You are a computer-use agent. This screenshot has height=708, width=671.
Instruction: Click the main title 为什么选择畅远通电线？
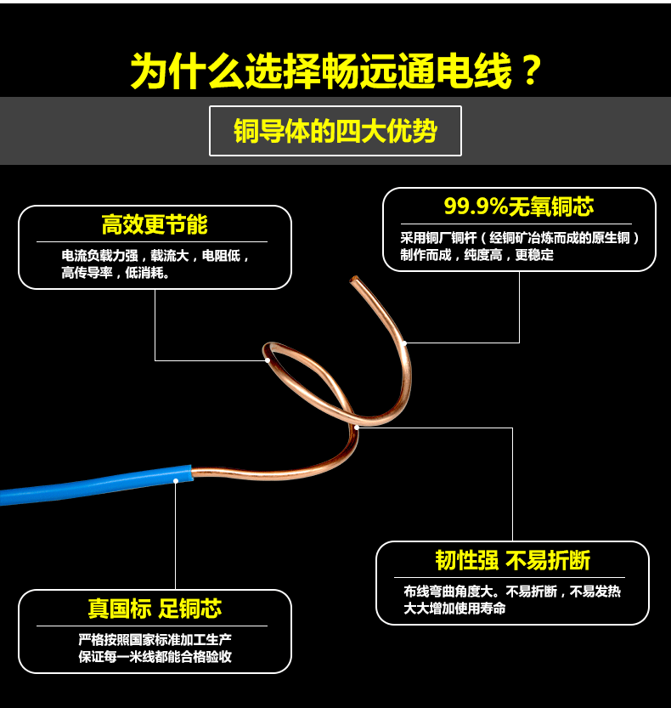pos(335,71)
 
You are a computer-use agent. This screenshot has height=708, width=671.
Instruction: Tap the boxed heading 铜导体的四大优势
pos(335,131)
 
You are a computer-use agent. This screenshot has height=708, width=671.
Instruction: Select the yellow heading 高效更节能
pos(155,225)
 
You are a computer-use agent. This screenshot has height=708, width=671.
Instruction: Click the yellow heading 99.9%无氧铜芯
pos(519,207)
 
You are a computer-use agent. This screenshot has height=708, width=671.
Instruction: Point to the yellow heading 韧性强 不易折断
pos(512,561)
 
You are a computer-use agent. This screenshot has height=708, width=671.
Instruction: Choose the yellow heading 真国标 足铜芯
pos(155,609)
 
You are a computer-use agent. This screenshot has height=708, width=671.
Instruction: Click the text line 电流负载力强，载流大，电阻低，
pos(155,255)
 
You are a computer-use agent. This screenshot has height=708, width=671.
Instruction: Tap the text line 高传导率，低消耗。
pos(116,274)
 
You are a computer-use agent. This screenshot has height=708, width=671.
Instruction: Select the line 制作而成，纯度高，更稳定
pos(477,255)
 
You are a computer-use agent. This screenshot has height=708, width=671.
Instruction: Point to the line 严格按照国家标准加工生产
pos(155,639)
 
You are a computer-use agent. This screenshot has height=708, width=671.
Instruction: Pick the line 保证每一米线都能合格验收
pos(155,657)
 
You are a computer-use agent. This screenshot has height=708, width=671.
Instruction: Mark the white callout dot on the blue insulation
pos(176,481)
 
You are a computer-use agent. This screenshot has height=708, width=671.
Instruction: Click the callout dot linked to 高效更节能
pos(268,360)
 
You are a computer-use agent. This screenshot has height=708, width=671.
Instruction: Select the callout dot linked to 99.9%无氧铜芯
pos(404,343)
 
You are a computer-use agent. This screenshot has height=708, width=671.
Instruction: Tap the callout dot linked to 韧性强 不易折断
pos(358,428)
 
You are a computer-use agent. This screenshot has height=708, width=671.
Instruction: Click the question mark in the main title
pos(529,71)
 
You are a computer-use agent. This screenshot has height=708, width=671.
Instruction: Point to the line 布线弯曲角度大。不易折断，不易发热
pos(512,592)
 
